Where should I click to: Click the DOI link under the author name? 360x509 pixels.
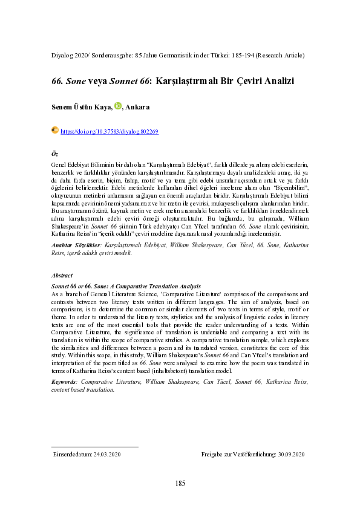pyautogui.click(x=110, y=131)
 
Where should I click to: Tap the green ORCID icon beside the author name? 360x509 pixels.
pyautogui.click(x=118, y=106)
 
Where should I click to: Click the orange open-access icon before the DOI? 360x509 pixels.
pyautogui.click(x=55, y=130)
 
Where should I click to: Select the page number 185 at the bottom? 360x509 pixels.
pyautogui.click(x=180, y=483)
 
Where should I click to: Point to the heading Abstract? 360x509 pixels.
pyautogui.click(x=62, y=275)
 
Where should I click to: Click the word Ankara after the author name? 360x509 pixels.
pyautogui.click(x=137, y=107)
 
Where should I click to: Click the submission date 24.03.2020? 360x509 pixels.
pyautogui.click(x=104, y=454)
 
